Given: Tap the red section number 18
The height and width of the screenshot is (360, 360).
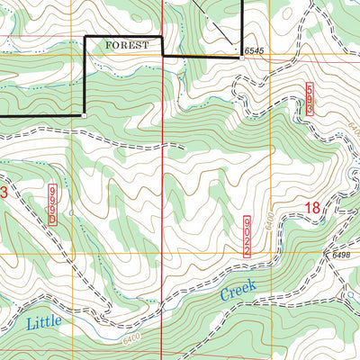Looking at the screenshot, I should (311, 208).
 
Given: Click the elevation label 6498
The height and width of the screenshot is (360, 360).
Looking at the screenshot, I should (340, 256).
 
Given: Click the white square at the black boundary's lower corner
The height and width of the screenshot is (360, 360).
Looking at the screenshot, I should (84, 115).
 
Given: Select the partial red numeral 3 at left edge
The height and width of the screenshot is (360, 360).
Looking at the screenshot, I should (4, 193).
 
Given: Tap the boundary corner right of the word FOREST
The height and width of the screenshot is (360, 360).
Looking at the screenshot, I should (162, 36).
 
